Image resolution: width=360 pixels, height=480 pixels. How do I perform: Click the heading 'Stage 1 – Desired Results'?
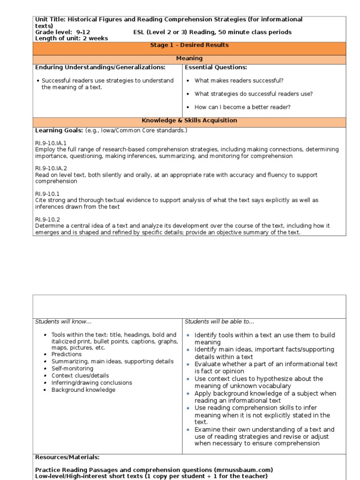coord(189,45)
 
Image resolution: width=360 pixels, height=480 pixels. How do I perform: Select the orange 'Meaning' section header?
coord(189,59)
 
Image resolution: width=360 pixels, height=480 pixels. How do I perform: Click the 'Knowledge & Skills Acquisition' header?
coord(189,121)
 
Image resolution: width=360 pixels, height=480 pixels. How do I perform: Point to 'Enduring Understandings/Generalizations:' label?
coord(100,67)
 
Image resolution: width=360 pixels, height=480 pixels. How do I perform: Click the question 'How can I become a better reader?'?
coord(242,107)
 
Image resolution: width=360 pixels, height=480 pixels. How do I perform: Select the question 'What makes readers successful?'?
coord(239,81)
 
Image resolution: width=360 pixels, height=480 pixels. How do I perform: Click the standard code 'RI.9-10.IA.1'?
coord(51,142)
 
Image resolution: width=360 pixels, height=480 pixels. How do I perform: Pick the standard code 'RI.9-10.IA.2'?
coord(51,168)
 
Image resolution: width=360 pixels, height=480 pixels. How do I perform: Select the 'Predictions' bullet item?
coord(67,355)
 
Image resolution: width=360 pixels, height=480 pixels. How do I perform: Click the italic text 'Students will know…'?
coord(63,322)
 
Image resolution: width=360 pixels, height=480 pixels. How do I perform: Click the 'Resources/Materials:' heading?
coord(67,457)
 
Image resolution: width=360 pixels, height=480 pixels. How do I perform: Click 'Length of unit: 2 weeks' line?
coord(71,38)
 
